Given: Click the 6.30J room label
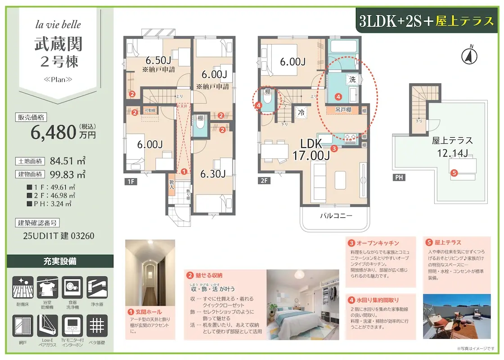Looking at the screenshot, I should coord(213,174).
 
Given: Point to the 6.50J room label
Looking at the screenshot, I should coord(158,60).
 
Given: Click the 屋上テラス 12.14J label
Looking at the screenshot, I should coord(452,147).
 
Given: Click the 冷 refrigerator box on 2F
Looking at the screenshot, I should coord(300,112).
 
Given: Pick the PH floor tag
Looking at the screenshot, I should coord(398,177).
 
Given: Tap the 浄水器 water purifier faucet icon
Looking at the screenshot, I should coord(96,288).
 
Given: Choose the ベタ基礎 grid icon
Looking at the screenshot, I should coord(96,326).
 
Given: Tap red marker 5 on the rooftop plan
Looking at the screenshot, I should coord(454,172).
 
